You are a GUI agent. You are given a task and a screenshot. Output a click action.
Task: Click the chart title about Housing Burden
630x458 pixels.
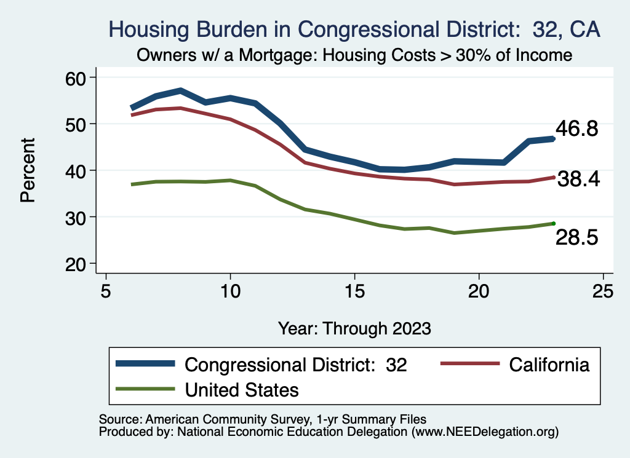click(354, 29)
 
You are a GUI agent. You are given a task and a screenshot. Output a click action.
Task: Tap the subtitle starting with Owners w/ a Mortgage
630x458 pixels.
click(354, 55)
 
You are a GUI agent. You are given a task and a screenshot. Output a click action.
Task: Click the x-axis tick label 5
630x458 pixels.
click(106, 290)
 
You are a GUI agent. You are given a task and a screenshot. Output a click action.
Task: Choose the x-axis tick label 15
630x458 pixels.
click(354, 290)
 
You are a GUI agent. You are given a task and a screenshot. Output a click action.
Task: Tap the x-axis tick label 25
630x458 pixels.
click(602, 290)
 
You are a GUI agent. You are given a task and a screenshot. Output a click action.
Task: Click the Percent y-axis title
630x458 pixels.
click(27, 170)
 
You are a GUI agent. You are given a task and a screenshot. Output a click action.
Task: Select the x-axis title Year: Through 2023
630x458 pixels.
click(354, 328)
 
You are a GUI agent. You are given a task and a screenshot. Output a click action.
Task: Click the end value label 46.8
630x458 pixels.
click(576, 129)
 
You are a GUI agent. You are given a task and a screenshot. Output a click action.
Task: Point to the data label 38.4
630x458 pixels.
click(578, 180)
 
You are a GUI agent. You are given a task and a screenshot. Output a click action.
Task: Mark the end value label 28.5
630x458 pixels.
click(576, 238)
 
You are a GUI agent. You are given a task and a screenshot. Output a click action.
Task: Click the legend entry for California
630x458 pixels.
click(549, 365)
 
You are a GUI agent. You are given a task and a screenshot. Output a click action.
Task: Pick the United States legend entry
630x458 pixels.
click(241, 390)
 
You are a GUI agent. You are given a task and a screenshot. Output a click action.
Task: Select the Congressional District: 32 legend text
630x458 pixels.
click(296, 365)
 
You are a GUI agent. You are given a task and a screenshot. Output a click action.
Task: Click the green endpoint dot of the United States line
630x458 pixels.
click(554, 223)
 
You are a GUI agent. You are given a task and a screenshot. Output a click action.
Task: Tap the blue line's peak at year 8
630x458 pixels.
click(180, 91)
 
